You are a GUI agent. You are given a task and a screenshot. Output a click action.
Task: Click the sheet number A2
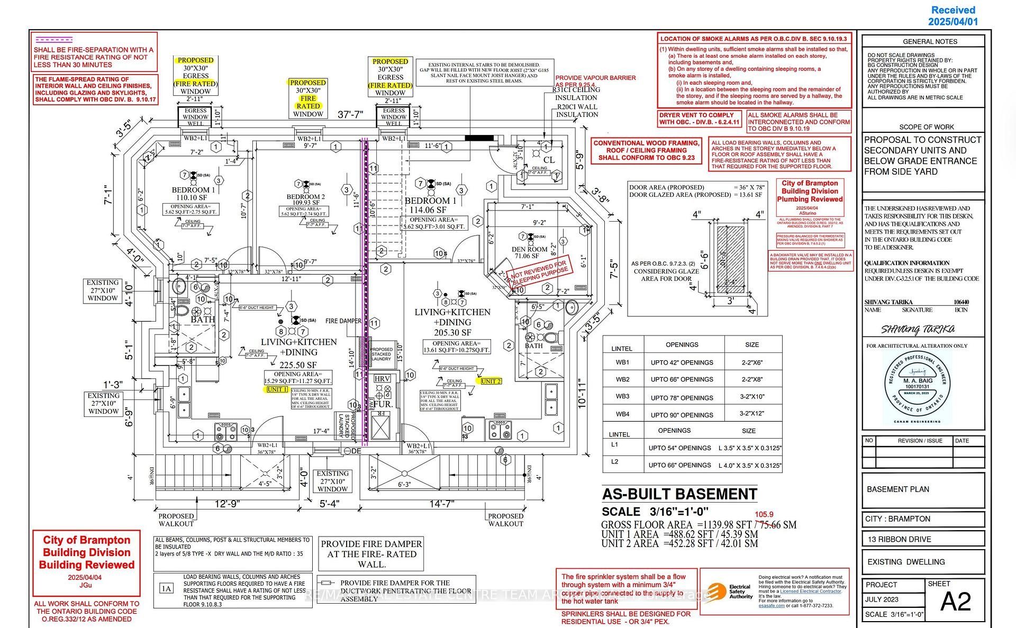[956, 602]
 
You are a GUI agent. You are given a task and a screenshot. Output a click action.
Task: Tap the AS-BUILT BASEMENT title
[679, 494]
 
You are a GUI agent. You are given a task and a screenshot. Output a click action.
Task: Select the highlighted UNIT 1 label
[277, 389]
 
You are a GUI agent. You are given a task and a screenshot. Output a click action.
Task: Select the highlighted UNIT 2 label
[491, 381]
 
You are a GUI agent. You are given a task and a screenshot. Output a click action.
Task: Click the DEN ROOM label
[529, 249]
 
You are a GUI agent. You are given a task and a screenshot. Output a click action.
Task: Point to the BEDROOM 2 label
[306, 197]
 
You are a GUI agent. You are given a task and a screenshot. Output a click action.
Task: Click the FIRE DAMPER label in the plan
[343, 321]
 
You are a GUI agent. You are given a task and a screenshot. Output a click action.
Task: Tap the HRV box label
[382, 379]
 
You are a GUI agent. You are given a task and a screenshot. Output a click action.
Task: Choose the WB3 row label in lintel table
[622, 396]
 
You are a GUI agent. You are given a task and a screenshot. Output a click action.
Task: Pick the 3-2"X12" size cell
[752, 414]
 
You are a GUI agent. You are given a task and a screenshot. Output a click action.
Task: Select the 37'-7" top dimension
[350, 115]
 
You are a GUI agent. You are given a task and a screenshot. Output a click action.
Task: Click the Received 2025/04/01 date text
[953, 16]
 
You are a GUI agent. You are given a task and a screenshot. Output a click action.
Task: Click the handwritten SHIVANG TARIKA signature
[918, 330]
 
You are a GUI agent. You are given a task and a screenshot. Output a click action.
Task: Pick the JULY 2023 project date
[882, 599]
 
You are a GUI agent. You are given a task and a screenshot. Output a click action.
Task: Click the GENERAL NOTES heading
[930, 41]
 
